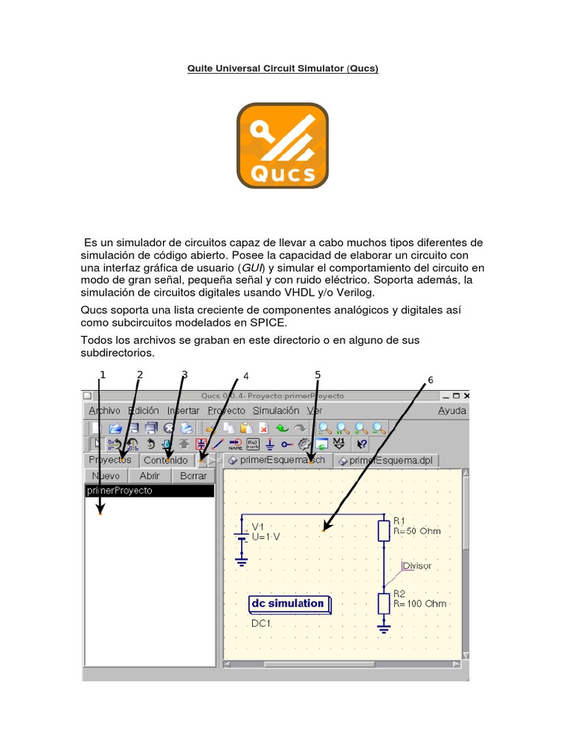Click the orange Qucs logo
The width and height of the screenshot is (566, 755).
[282, 145]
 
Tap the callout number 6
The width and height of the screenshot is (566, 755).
[430, 380]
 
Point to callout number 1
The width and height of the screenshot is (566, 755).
[102, 375]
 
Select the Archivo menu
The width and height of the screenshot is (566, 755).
[104, 411]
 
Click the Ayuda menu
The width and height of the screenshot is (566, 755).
[452, 411]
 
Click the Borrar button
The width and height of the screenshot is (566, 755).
[193, 476]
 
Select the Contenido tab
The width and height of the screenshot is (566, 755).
[166, 460]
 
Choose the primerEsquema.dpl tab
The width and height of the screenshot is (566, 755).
[386, 460]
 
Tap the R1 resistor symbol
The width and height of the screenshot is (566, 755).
[383, 530]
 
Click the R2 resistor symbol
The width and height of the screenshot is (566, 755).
[383, 603]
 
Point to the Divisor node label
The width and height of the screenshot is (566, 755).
[417, 566]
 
